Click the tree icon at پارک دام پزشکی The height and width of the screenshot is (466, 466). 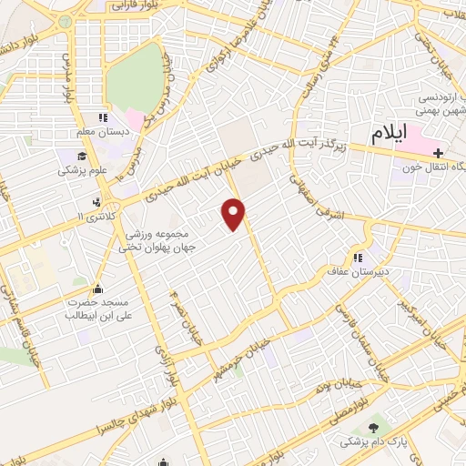point(374,425)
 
